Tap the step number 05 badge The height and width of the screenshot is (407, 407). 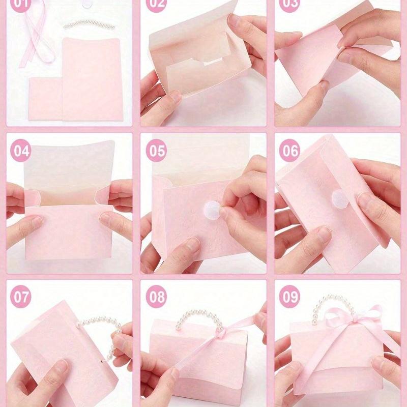coord(156,151)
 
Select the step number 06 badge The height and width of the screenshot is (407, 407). coord(290,151)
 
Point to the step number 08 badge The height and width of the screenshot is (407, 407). coord(156,297)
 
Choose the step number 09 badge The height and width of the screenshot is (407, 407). coord(290,297)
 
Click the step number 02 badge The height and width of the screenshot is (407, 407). coord(156,4)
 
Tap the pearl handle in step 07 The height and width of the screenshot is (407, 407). coord(97,326)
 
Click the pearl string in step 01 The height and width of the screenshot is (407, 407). coord(85,23)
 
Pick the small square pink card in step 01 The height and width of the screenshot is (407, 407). coord(45,97)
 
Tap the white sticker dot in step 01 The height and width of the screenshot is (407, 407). coord(91,3)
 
